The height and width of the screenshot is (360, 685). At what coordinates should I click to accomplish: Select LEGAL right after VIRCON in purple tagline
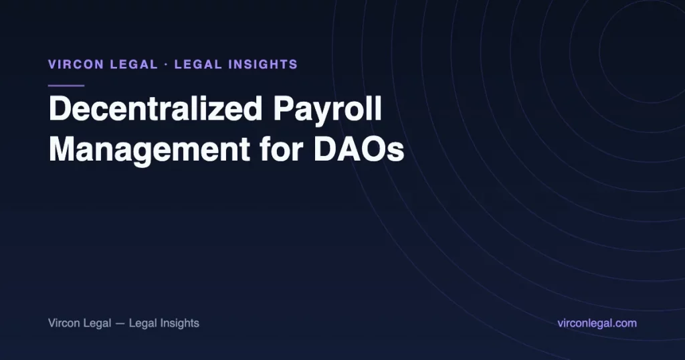click(x=134, y=65)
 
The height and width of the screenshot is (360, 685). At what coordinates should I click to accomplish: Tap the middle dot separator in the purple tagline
click(x=166, y=65)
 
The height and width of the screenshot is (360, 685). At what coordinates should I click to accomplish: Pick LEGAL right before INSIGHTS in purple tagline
click(x=198, y=65)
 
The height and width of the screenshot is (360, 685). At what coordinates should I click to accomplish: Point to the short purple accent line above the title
click(x=66, y=86)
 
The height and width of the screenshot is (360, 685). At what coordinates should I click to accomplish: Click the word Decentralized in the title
click(x=155, y=109)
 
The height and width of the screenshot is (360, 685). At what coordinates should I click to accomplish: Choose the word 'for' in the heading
click(x=282, y=149)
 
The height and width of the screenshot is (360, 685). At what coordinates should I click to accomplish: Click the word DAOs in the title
click(x=359, y=149)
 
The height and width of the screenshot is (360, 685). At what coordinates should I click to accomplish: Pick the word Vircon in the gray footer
click(x=64, y=323)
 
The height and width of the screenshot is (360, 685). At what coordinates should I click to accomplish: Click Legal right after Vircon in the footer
click(x=97, y=324)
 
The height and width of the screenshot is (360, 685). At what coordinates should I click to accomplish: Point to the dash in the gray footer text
click(x=120, y=324)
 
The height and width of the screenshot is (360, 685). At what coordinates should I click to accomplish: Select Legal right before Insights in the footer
click(x=143, y=324)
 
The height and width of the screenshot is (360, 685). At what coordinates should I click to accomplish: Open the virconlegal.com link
click(x=597, y=324)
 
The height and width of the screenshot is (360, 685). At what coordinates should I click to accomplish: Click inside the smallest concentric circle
click(x=650, y=50)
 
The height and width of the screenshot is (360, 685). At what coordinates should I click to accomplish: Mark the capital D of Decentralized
click(x=59, y=109)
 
